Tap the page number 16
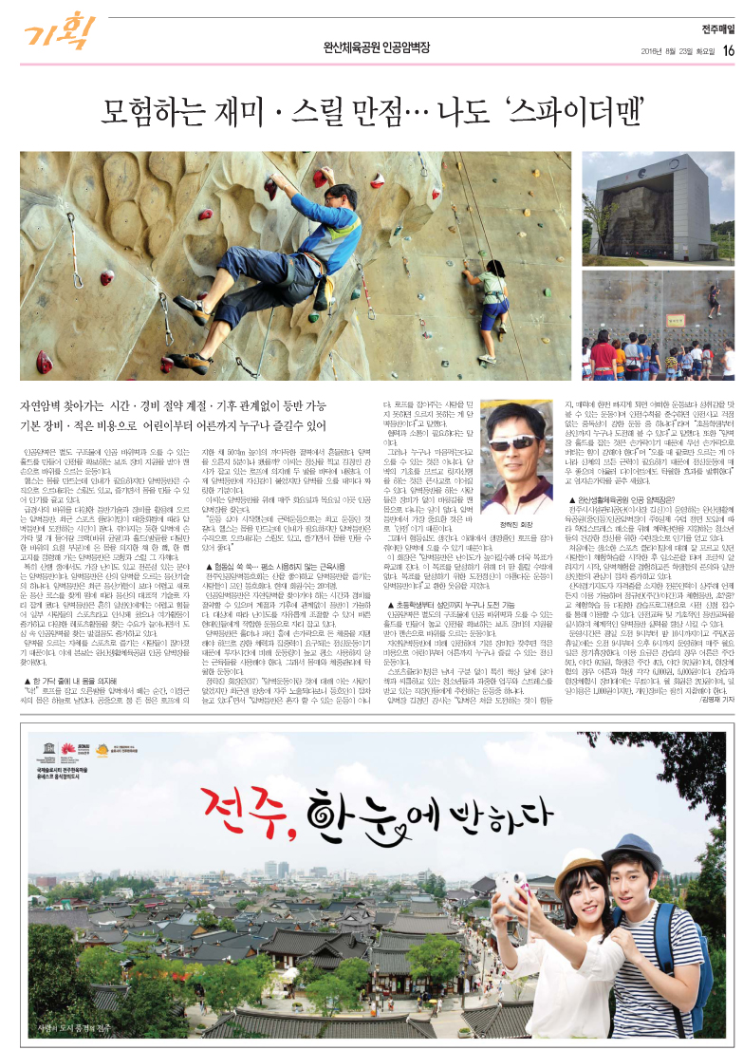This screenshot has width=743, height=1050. (728, 49)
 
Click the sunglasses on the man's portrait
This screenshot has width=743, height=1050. (518, 443)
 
